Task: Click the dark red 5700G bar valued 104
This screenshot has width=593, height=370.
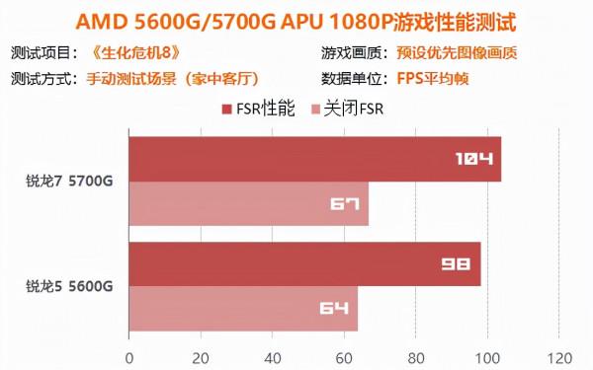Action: coord(314,159)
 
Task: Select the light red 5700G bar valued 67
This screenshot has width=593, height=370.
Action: coord(248,204)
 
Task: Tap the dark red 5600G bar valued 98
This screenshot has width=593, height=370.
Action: coord(304,264)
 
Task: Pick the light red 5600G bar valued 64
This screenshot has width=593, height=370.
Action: coord(243,309)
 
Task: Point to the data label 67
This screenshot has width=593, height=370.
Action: coord(344,204)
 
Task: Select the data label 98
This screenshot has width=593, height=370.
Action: coord(455,264)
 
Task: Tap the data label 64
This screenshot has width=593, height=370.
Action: coord(334,309)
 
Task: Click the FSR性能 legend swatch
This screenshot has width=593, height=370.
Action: coord(228,110)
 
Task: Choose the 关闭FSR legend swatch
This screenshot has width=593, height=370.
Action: coord(317,110)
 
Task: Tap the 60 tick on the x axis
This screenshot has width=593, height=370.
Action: coord(345,356)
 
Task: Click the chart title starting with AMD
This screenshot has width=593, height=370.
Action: coord(296,21)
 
